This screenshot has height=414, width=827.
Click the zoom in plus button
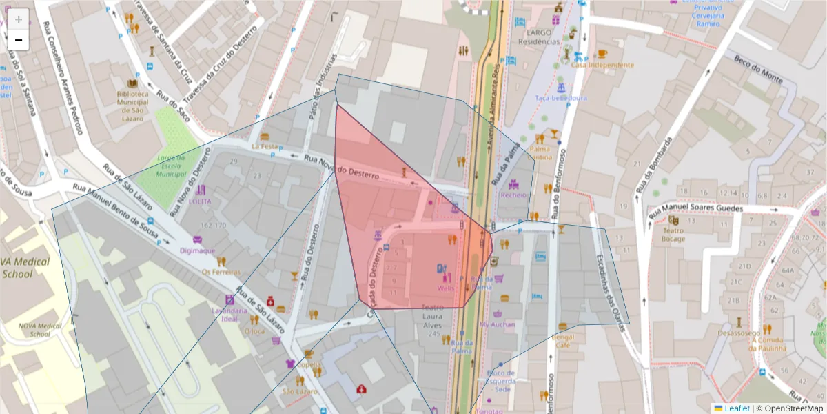[x=19, y=19]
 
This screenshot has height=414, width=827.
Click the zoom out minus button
[x=19, y=41]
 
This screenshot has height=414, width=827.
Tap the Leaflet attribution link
[x=736, y=408]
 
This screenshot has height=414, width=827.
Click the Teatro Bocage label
[x=673, y=235]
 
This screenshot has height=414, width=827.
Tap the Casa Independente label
[x=602, y=65]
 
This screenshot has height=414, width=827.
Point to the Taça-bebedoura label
[x=561, y=98]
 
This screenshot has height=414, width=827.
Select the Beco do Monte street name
[x=758, y=69]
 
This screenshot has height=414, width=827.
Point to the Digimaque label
[x=198, y=250]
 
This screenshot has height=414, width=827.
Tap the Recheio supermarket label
[x=513, y=195]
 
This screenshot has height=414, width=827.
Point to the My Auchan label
[x=497, y=324]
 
